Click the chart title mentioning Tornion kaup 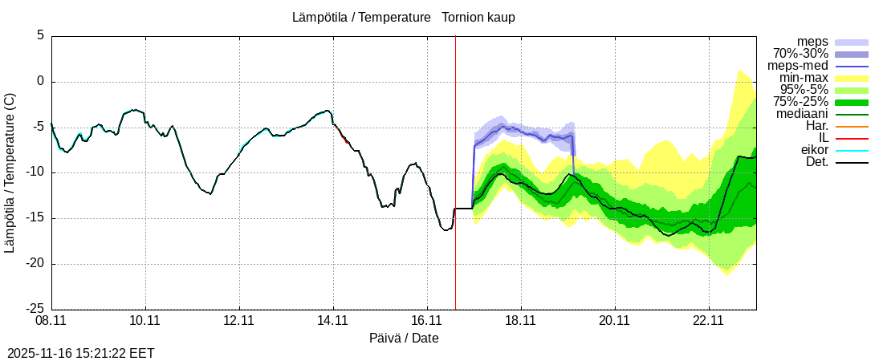[404, 17]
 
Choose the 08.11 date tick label [51, 321]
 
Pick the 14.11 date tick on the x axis [333, 321]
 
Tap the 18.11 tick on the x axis [521, 321]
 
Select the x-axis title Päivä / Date [404, 338]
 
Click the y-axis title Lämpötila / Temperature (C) [10, 172]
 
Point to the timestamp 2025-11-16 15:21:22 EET [81, 353]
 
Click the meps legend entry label [812, 42]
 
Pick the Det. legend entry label [816, 163]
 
